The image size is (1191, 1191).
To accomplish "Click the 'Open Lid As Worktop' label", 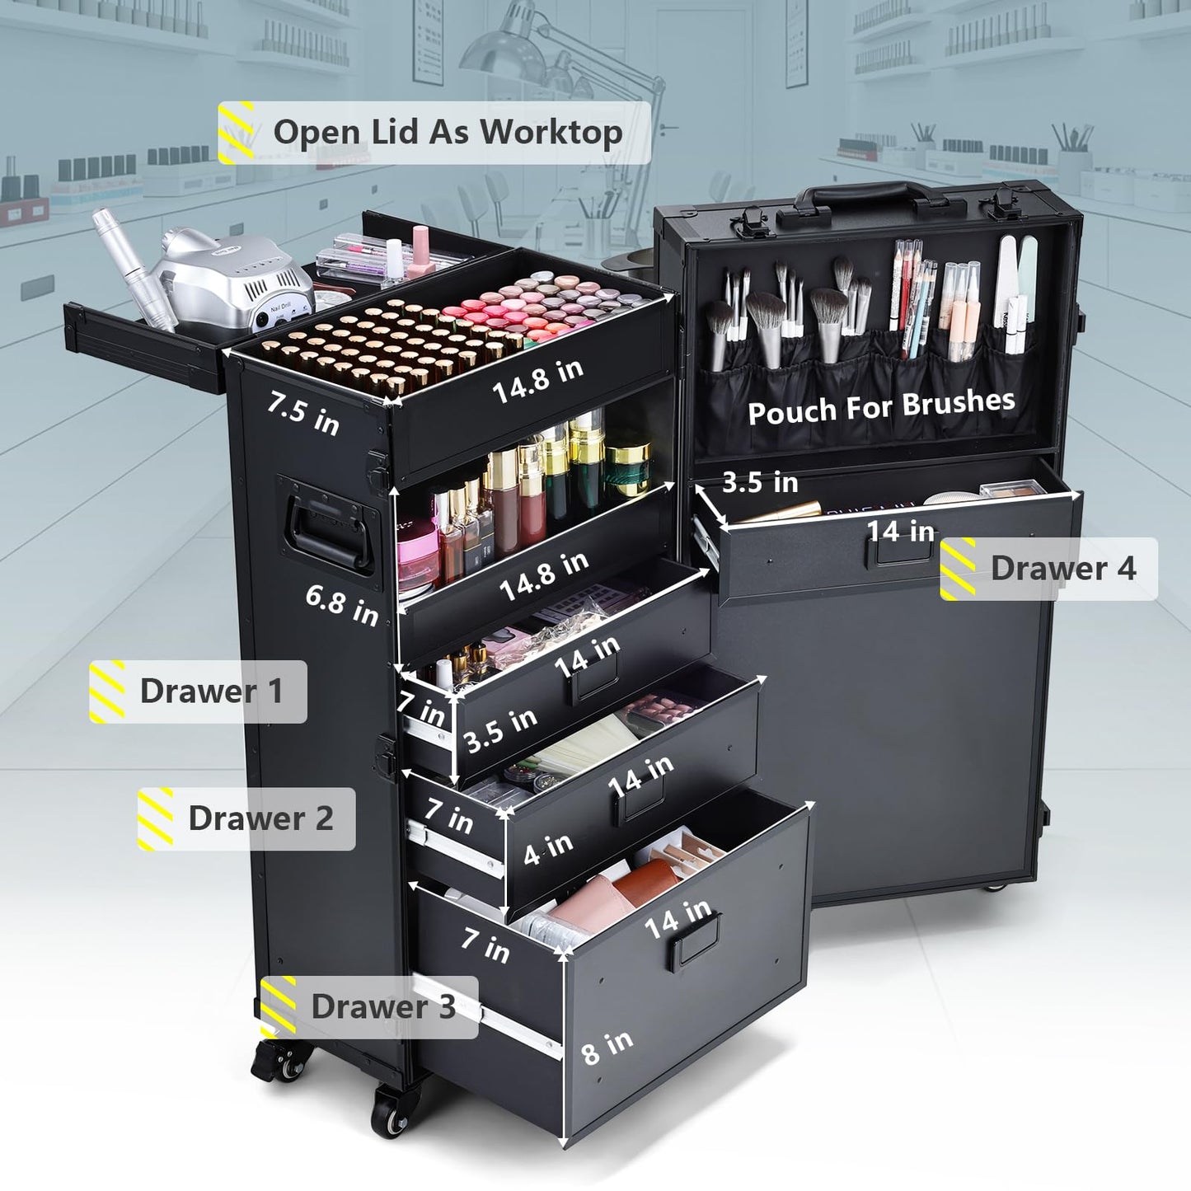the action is (x=434, y=132).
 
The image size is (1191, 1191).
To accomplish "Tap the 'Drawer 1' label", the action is (x=198, y=692).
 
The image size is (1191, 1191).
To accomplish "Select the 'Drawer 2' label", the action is (x=246, y=819).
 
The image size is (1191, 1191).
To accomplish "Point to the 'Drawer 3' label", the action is (x=369, y=1007).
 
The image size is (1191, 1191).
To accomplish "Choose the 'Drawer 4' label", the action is (x=1049, y=569).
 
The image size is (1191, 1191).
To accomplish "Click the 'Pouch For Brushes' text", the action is (x=881, y=406).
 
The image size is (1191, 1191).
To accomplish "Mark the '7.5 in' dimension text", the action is (x=303, y=414).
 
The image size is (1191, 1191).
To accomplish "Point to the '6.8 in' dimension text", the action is (x=342, y=606).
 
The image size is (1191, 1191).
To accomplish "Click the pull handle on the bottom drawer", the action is (x=694, y=942).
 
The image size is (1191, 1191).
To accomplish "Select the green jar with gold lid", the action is (x=628, y=468).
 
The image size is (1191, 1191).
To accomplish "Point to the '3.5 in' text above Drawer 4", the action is (x=760, y=482).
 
